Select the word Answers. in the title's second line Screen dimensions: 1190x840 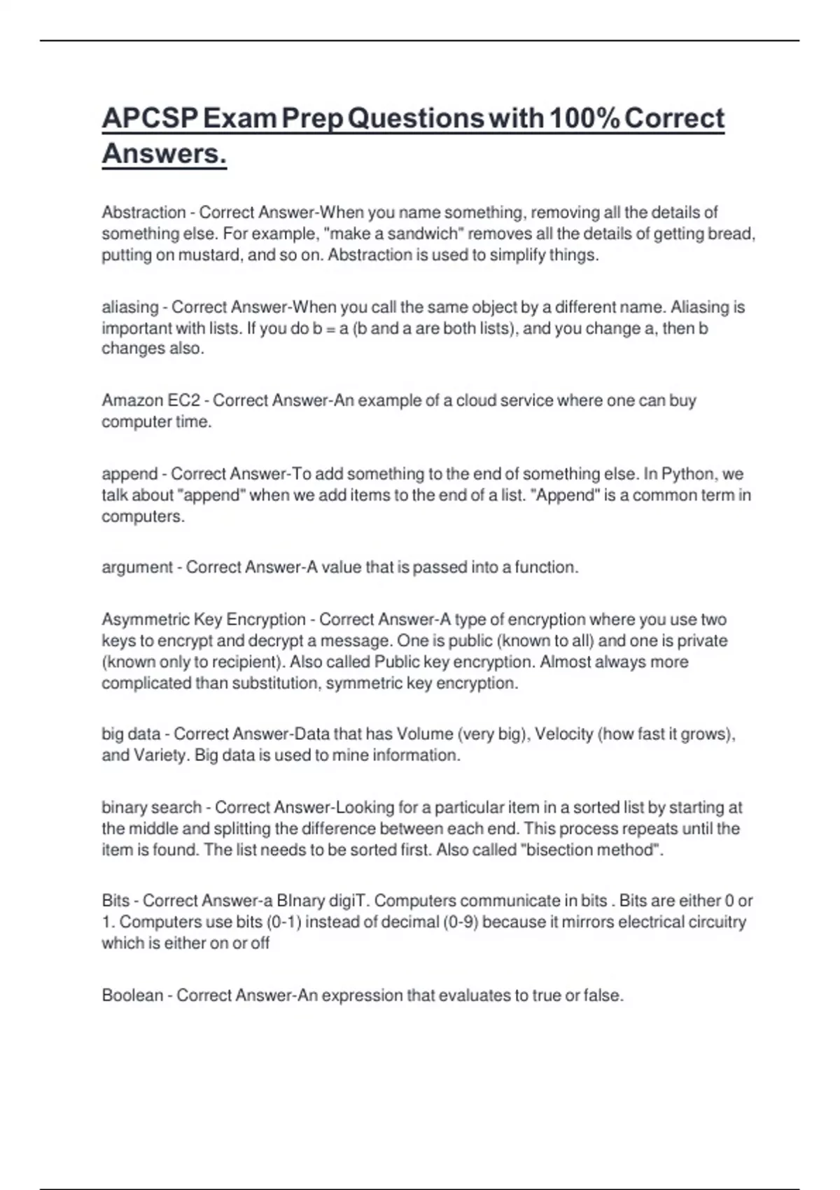pyautogui.click(x=164, y=153)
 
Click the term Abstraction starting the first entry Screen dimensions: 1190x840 pyautogui.click(x=143, y=212)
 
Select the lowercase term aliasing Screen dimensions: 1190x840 pyautogui.click(x=130, y=307)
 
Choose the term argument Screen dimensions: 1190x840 pyautogui.click(x=137, y=567)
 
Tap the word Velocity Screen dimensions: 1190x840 pyautogui.click(x=563, y=734)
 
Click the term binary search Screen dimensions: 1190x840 pyautogui.click(x=151, y=807)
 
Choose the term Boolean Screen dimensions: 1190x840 pyautogui.click(x=132, y=995)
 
